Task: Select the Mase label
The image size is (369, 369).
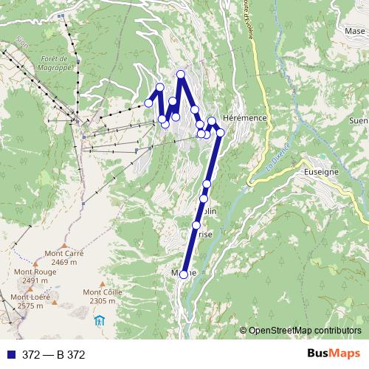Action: (356, 32)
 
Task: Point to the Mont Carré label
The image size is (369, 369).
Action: (63, 253)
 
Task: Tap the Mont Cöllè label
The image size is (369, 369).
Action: (103, 292)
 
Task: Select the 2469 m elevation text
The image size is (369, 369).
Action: (64, 262)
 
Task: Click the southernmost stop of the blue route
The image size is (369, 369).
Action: (184, 274)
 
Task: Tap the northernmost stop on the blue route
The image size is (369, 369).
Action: (181, 74)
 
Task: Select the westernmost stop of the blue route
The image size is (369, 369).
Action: (148, 103)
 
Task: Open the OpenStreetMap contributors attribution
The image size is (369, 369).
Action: (304, 331)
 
